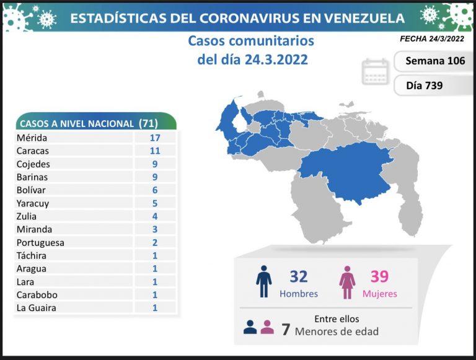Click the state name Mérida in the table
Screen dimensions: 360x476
point(33,138)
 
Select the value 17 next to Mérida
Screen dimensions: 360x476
point(154,138)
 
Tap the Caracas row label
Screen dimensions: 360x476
point(34,151)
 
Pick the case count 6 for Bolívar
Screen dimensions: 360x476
point(154,190)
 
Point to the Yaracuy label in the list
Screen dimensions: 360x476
point(34,203)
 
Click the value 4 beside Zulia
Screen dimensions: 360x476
point(154,216)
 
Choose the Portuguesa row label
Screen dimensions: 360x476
point(42,242)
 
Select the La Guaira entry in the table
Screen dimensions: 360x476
point(37,307)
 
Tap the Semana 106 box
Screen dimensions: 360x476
point(434,61)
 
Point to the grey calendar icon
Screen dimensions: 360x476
point(375,71)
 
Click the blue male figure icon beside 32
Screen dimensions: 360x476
point(264,282)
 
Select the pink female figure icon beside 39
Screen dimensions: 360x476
point(346,283)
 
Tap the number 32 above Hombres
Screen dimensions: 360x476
point(298,276)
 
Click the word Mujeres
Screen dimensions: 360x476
point(379,294)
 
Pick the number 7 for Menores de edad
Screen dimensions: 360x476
point(286,329)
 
